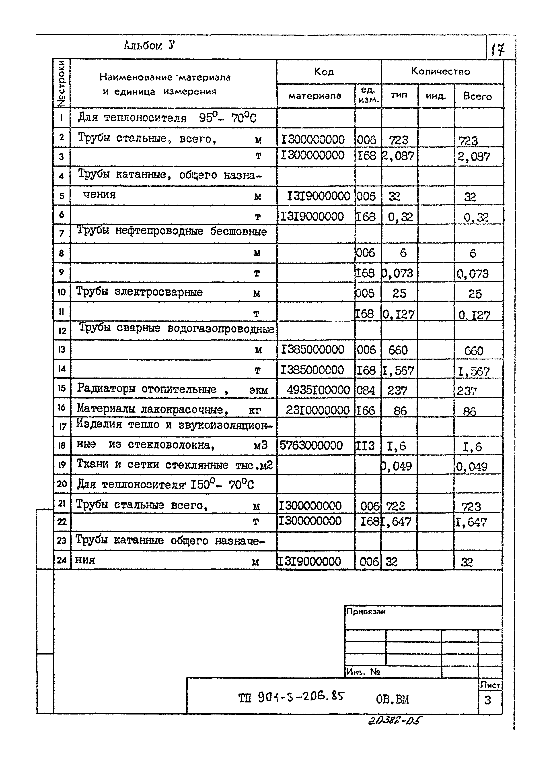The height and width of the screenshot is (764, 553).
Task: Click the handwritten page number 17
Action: [x=497, y=50]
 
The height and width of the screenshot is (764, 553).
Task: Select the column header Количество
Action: [x=440, y=71]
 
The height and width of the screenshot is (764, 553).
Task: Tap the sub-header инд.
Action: [x=436, y=96]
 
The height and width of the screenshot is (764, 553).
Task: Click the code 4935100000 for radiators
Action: [x=318, y=390]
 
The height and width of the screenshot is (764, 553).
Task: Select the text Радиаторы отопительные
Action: [x=146, y=389]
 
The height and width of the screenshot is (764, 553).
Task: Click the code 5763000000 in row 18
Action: [x=311, y=445]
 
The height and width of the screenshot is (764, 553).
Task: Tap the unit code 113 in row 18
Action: [x=365, y=446]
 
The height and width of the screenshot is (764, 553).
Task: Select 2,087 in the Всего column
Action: [x=473, y=157]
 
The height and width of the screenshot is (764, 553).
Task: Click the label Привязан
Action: [x=366, y=611]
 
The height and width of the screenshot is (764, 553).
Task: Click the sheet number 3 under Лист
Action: [x=487, y=701]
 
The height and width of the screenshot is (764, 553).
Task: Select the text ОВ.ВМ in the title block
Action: [x=392, y=700]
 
